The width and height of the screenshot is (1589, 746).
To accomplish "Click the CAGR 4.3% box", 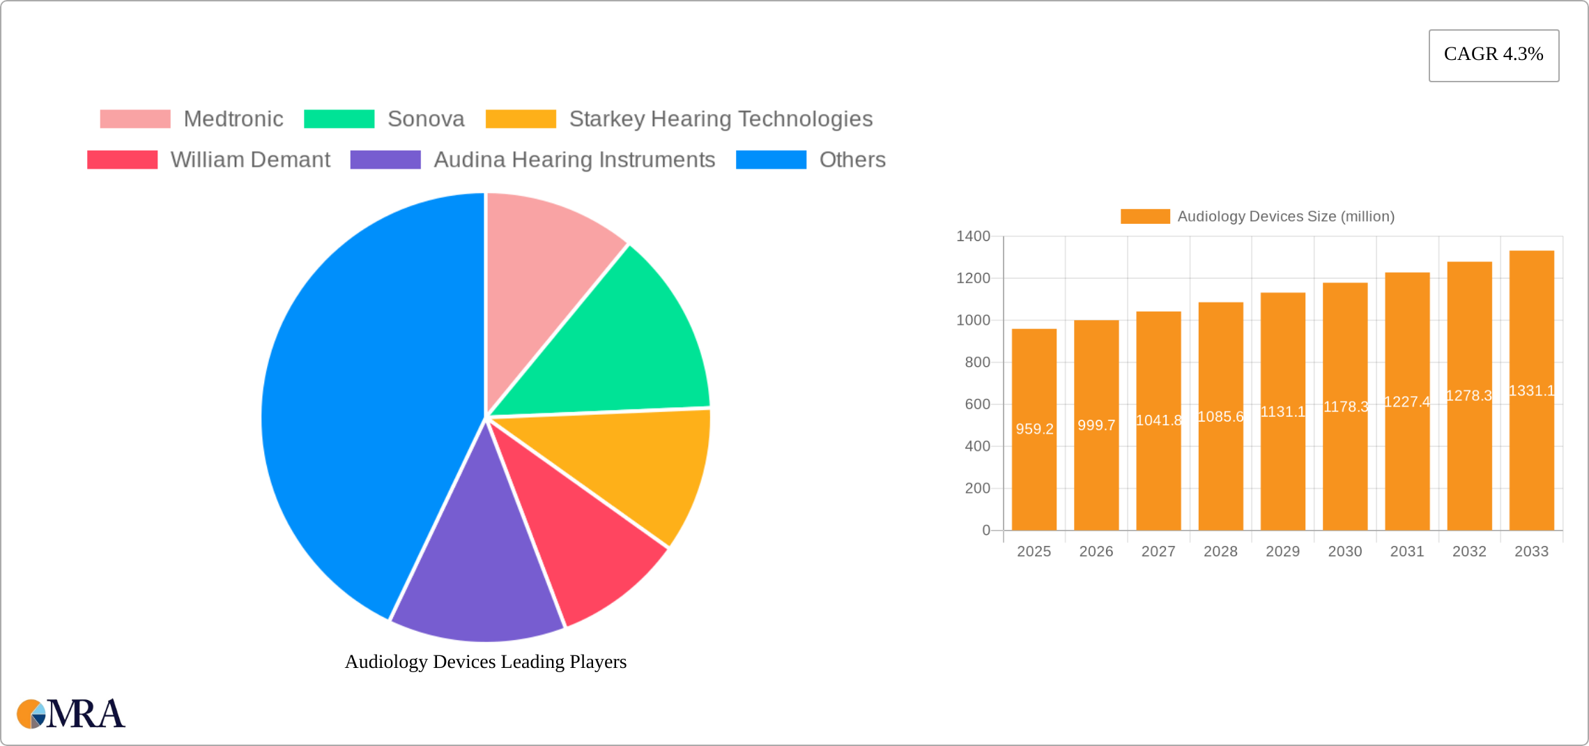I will pyautogui.click(x=1494, y=55).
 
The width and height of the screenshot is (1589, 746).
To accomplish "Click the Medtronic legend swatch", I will pyautogui.click(x=135, y=119).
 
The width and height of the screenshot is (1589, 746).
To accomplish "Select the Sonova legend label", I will pyautogui.click(x=426, y=119).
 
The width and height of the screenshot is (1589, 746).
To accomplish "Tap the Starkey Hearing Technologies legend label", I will pyautogui.click(x=721, y=119).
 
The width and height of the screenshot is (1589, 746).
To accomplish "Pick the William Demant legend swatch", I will pyautogui.click(x=122, y=160).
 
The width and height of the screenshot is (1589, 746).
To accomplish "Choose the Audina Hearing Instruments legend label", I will pyautogui.click(x=574, y=160).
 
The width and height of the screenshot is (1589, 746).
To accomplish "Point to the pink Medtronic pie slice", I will pyautogui.click(x=544, y=265).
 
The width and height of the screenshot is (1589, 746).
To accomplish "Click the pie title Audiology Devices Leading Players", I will pyautogui.click(x=486, y=662).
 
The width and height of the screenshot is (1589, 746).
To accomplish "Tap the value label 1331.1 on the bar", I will pyautogui.click(x=1531, y=390).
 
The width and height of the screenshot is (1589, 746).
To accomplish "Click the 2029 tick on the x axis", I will pyautogui.click(x=1282, y=551).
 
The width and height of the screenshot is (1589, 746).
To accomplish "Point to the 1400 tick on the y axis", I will pyautogui.click(x=973, y=236).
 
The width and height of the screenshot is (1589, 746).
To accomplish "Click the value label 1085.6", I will pyautogui.click(x=1220, y=417).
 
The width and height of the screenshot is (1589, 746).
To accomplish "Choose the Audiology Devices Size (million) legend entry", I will pyautogui.click(x=1257, y=217).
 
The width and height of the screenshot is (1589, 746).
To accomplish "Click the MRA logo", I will pyautogui.click(x=70, y=714).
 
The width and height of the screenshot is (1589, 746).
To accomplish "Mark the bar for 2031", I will pyautogui.click(x=1407, y=453).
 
